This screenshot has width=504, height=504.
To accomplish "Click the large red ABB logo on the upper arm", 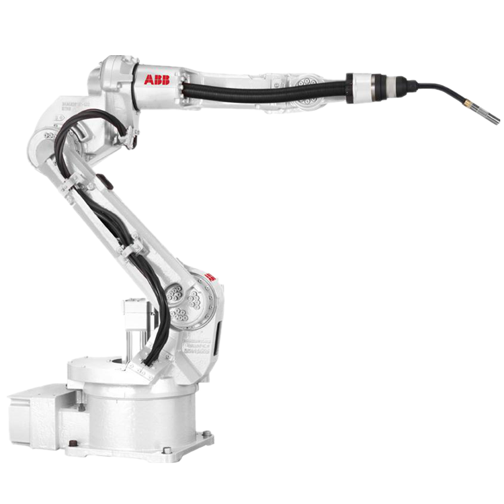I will click(x=157, y=80).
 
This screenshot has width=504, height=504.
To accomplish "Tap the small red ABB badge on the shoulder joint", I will click(x=210, y=276).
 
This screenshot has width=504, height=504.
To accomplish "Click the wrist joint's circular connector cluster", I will click(x=311, y=90).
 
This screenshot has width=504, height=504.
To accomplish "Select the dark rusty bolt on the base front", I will click(x=73, y=443).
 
